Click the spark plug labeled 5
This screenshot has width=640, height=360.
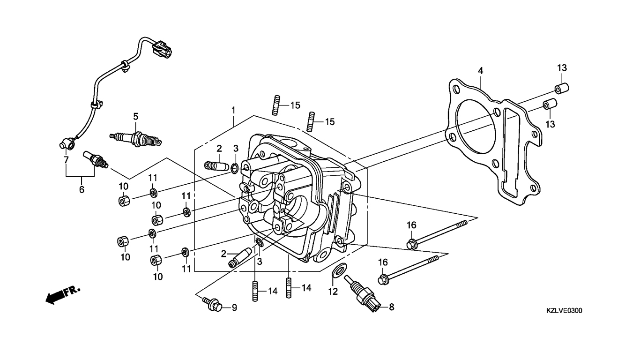136,138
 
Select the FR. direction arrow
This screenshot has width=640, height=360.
63,294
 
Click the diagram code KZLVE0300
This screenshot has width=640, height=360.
564,310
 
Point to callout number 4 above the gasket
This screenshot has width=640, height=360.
481,71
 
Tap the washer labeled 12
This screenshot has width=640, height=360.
339,270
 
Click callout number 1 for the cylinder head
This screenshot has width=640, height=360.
233,110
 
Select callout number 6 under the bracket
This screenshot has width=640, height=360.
82,189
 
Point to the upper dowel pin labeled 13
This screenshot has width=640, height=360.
562,88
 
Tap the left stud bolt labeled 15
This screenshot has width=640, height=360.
275,105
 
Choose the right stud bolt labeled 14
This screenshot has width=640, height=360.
289,288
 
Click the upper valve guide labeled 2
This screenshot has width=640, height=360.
216,166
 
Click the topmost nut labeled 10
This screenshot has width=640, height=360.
124,201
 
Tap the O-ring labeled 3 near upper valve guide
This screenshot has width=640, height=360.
234,168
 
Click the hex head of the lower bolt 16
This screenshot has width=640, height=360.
383,279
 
